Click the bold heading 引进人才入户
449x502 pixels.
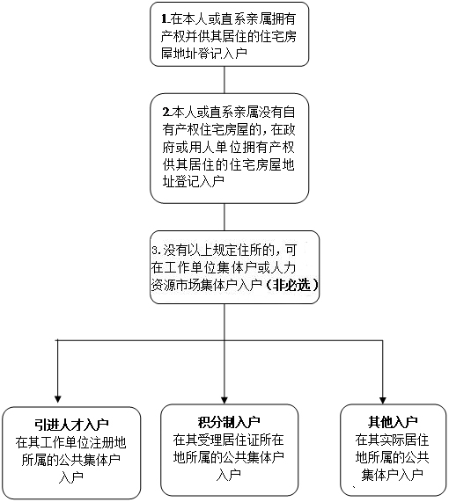pos(71,426)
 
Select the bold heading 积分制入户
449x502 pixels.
pos(229,422)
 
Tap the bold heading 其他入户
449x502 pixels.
pos(393,422)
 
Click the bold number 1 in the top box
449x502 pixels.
pos(165,19)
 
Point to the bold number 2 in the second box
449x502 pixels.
pos(166,112)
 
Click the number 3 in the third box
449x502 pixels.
pos(155,251)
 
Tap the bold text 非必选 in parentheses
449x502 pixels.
pos(291,285)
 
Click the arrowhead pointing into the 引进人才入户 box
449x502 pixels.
pos(58,399)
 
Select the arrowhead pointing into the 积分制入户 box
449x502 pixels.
pos(224,400)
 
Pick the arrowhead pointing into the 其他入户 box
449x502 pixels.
pos(382,400)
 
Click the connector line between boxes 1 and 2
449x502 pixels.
pos(224,80)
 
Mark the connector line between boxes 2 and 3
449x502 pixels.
pos(224,217)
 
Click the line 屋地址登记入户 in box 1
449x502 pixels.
pos(204,53)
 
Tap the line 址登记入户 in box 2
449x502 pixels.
pos(193,181)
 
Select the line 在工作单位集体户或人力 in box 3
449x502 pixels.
pos(224,267)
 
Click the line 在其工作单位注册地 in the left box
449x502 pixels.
pos(71,443)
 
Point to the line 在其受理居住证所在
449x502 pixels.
pos(229,440)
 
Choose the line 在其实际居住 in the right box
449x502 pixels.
pos(392,440)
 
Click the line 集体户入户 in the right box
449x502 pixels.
pos(393,475)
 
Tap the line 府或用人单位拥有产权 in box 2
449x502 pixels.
pos(228,148)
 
